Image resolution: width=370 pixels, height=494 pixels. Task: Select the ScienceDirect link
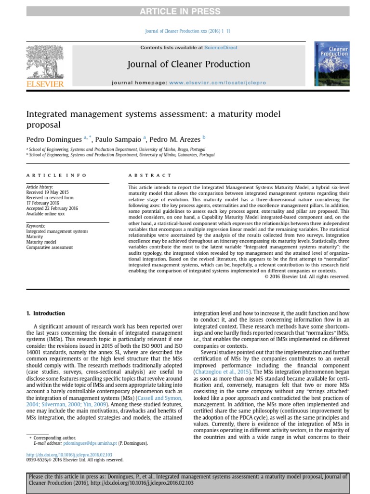click(221, 48)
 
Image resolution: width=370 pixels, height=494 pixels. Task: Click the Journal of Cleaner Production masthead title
click(188, 64)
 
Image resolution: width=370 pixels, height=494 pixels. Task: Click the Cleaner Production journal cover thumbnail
click(332, 64)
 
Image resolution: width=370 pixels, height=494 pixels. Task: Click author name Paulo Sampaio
click(118, 139)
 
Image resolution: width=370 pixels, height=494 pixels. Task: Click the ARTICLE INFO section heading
click(56, 176)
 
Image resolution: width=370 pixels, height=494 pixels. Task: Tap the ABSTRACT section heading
click(149, 176)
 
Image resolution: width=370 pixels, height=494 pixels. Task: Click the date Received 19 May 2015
click(47, 192)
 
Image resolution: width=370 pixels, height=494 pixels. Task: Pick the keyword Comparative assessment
click(50, 247)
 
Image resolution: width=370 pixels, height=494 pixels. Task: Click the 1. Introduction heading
click(45, 314)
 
